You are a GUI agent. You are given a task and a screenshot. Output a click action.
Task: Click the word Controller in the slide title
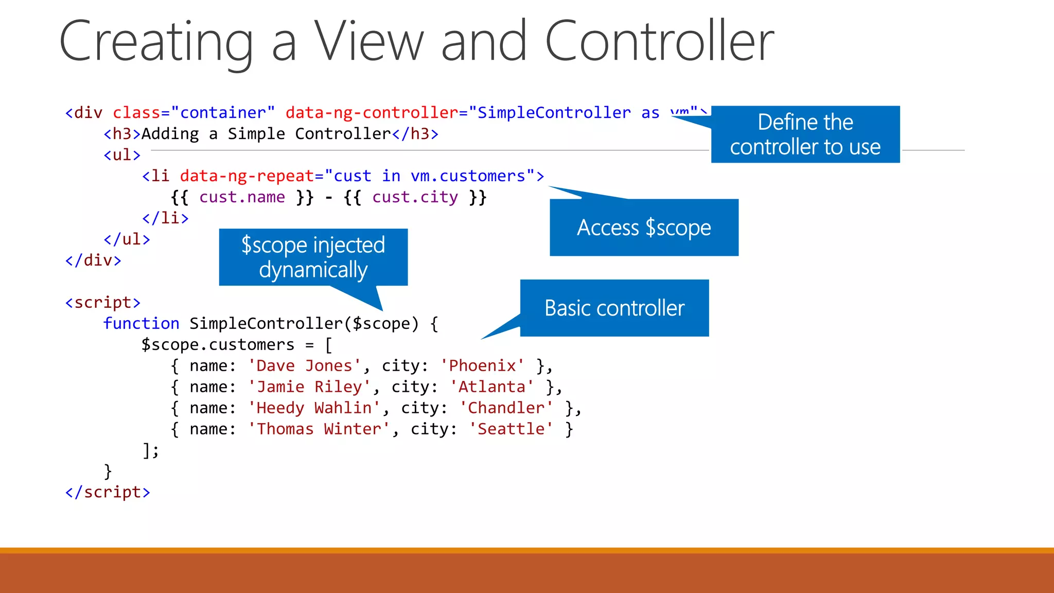[x=659, y=41]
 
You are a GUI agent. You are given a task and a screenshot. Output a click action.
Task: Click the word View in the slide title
[x=368, y=41]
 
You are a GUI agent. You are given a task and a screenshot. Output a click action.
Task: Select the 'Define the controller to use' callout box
[x=805, y=134]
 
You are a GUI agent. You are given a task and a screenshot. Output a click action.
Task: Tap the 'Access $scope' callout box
[x=644, y=228]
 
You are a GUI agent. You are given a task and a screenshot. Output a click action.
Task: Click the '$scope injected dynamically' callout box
[x=313, y=257]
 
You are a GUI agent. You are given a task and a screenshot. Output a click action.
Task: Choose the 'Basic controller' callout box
[x=614, y=308]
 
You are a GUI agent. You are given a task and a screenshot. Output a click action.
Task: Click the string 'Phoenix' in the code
[x=482, y=365]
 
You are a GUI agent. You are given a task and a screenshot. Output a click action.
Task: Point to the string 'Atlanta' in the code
[x=492, y=387]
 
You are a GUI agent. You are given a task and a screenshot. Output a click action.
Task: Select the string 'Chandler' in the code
[x=506, y=408]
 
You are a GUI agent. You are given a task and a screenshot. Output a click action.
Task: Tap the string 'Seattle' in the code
[x=511, y=429]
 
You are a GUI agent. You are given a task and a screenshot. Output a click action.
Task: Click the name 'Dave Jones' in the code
[x=304, y=365]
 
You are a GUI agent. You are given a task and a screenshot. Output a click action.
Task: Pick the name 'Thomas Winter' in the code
[x=319, y=429]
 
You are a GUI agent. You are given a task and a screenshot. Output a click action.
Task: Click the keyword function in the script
[x=141, y=323]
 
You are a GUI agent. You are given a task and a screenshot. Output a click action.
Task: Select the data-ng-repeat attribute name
[x=247, y=176]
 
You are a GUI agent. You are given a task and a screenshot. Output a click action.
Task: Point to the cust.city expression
[x=415, y=197]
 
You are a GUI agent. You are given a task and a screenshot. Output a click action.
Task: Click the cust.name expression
[x=242, y=197]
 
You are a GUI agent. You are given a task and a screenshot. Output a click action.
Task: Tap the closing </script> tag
[x=108, y=492]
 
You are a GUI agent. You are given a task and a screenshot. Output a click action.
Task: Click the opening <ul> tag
[x=122, y=155]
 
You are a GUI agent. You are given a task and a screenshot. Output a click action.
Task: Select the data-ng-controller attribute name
[x=372, y=113]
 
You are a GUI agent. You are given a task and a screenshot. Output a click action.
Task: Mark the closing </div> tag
[x=93, y=260]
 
